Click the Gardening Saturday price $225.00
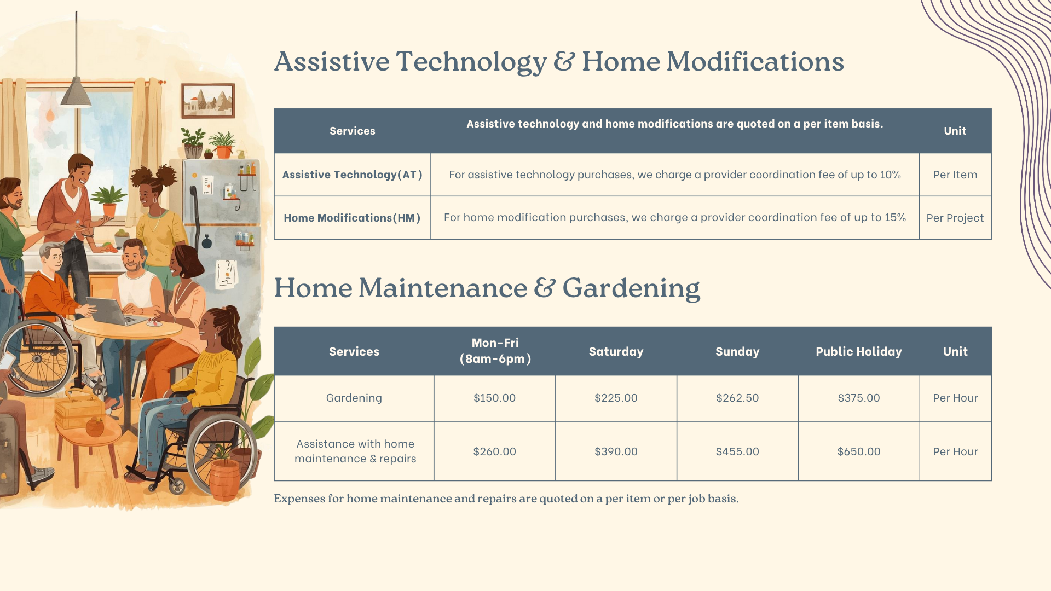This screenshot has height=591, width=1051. pyautogui.click(x=616, y=398)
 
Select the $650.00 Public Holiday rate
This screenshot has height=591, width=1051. pyautogui.click(x=859, y=451)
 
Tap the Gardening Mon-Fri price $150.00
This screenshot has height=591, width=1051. pyautogui.click(x=494, y=398)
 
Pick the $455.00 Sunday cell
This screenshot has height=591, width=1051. pyautogui.click(x=737, y=451)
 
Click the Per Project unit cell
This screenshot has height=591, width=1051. pyautogui.click(x=955, y=218)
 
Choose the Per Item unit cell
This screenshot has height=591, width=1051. pyautogui.click(x=955, y=175)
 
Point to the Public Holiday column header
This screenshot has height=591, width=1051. pyautogui.click(x=858, y=351)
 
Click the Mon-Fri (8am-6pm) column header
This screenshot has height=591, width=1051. pyautogui.click(x=495, y=351)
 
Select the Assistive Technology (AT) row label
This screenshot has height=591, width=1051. pyautogui.click(x=352, y=175)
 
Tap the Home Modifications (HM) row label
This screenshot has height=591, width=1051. pyautogui.click(x=352, y=218)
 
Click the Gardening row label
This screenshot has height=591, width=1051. pyautogui.click(x=354, y=398)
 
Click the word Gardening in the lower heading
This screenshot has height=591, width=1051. pyautogui.click(x=631, y=288)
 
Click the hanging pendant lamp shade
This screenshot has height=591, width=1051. pyautogui.click(x=76, y=92)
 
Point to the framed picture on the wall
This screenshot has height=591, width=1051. pyautogui.click(x=208, y=101)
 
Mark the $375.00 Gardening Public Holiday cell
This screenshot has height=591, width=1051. pyautogui.click(x=859, y=398)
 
